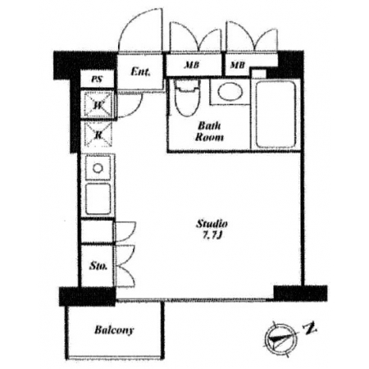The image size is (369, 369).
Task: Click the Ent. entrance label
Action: pos(140,72)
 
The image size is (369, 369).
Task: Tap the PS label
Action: pos(97,80)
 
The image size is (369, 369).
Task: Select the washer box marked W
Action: pos(98,105)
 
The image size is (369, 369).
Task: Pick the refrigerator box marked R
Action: pos(98,134)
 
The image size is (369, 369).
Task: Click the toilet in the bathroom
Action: pos(186,98)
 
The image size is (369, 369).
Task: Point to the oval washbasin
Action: pos(230,92)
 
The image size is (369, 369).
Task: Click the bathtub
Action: pos(276,115)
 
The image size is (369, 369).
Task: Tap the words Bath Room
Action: pos(209,131)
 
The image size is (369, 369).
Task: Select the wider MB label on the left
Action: pos(192,66)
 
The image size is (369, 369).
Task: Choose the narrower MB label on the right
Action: pos(237,65)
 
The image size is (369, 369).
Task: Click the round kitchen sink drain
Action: pos(98,168)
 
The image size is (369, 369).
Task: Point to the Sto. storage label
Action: pos(98,266)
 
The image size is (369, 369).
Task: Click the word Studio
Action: pos(212,224)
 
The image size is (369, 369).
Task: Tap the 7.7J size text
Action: pos(212,235)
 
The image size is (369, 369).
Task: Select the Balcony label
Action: pos(114,330)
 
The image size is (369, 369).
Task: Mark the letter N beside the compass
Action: pos(309,328)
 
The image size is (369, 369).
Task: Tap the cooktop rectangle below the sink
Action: pos(98,199)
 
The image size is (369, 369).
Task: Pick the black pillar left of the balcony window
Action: pos(88,296)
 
